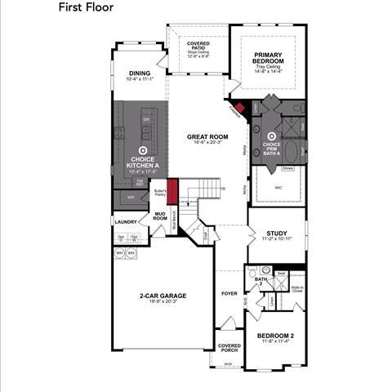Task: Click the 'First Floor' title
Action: [86, 7]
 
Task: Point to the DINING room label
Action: [139, 73]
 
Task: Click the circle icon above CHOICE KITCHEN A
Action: [143, 150]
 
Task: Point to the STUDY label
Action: [276, 232]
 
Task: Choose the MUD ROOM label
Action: [160, 216]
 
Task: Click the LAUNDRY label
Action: [125, 221]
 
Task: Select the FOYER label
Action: [230, 292]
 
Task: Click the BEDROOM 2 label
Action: [275, 336]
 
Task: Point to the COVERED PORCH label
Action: [230, 349]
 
